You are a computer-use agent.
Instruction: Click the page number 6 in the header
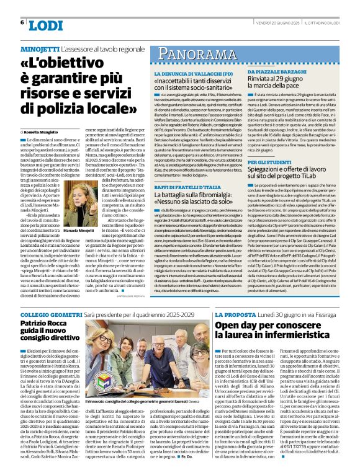point(22,22)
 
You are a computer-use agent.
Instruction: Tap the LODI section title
point(46,25)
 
